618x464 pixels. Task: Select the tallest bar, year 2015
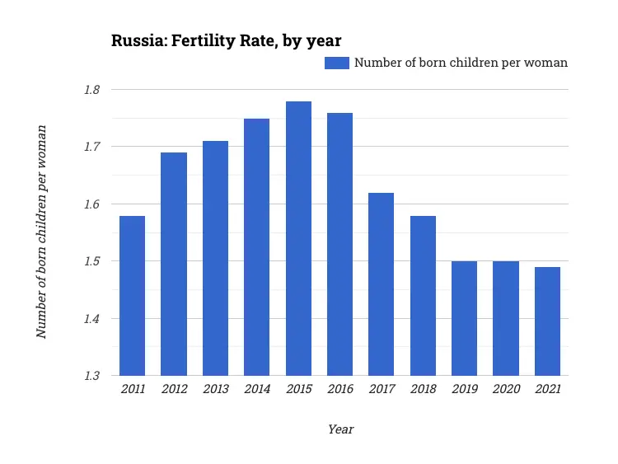coord(298,238)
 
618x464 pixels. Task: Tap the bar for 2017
coord(382,284)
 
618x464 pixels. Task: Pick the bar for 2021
coord(547,321)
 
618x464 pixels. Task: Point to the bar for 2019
coord(464,318)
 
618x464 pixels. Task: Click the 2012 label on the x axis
coord(173,390)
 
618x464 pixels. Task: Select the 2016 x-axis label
coord(339,390)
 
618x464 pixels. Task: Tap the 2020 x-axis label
coord(505,390)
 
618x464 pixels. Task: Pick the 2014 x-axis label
coord(256,390)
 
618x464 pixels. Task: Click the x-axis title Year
coord(340,429)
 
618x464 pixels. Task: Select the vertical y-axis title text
coord(41,232)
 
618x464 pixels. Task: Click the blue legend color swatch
coord(337,63)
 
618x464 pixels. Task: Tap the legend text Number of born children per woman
coord(461,63)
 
